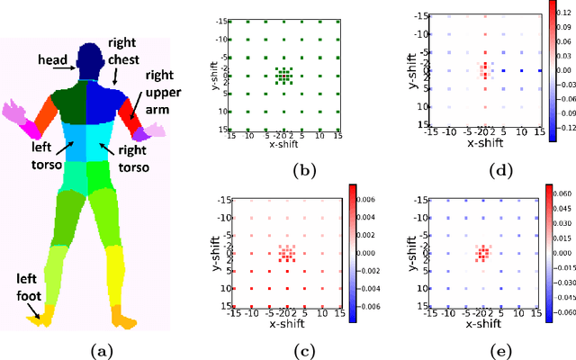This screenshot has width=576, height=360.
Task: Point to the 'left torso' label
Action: pyautogui.click(x=41, y=162)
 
